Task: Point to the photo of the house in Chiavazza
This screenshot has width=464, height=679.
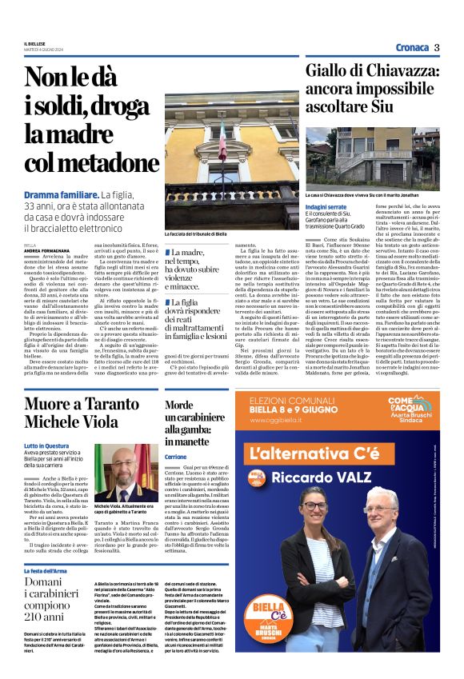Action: [372, 156]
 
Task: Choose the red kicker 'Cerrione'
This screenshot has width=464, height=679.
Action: [175, 456]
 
